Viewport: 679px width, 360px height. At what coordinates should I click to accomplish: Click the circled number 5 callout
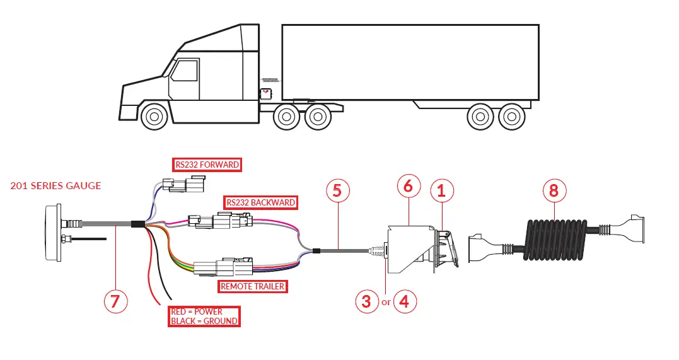(x=337, y=190)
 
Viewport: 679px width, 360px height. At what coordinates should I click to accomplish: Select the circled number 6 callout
(x=408, y=186)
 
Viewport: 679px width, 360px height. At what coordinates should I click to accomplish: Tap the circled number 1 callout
(x=441, y=190)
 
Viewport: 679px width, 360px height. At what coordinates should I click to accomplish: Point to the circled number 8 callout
(x=554, y=190)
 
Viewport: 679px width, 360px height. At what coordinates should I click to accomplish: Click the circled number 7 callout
(x=115, y=301)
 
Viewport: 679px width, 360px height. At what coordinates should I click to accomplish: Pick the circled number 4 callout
(x=404, y=301)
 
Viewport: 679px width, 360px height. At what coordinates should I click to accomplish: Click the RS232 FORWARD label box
(x=207, y=165)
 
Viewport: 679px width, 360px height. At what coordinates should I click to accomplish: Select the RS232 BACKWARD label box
(x=261, y=203)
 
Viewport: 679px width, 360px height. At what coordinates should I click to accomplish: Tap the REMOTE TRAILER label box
(x=252, y=286)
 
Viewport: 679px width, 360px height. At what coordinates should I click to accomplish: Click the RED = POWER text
(x=196, y=311)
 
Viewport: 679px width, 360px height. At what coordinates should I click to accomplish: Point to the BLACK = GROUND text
(x=204, y=321)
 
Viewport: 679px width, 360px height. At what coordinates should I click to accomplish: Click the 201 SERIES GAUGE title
(x=55, y=186)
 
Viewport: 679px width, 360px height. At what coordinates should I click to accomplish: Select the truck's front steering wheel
(x=153, y=117)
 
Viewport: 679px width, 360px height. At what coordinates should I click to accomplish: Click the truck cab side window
(x=183, y=70)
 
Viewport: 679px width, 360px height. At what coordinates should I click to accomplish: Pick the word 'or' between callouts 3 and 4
(x=385, y=302)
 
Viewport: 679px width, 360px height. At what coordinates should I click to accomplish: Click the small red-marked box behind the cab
(x=267, y=94)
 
